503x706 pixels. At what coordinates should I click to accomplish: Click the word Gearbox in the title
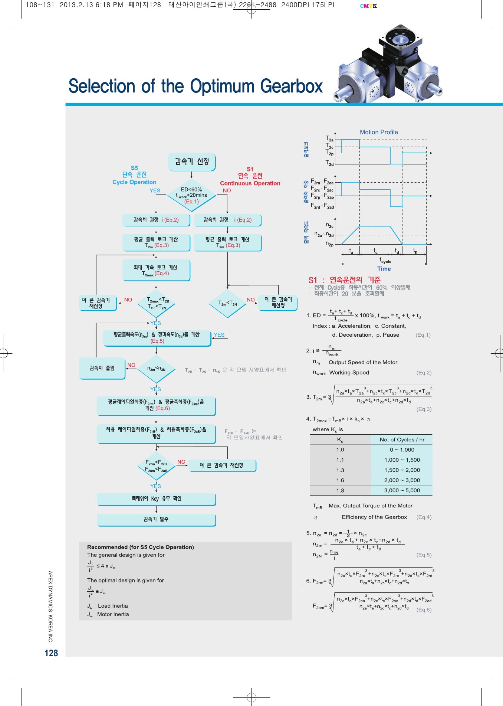[292, 86]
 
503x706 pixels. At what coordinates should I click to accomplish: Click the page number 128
[51, 653]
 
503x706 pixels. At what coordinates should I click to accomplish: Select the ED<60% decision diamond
[191, 195]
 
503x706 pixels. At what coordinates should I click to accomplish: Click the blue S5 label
[134, 168]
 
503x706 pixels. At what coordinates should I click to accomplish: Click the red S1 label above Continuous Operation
[250, 169]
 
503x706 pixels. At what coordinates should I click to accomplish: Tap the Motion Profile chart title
[379, 132]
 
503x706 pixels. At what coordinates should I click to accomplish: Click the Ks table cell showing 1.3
[340, 470]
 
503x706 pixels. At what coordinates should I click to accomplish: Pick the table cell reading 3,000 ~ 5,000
[402, 490]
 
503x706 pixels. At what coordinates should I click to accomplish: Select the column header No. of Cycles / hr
[402, 439]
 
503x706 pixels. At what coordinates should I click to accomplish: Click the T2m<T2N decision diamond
[227, 303]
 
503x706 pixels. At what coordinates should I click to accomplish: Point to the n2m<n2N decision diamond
[156, 369]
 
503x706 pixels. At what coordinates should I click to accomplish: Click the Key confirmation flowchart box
[156, 499]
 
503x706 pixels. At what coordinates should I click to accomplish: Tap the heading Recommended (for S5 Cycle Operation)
[141, 547]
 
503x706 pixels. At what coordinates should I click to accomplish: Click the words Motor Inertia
[113, 614]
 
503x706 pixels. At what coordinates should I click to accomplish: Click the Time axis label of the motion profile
[384, 269]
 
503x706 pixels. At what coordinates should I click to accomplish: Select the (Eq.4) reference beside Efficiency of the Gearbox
[424, 517]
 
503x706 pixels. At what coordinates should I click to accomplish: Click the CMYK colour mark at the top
[368, 6]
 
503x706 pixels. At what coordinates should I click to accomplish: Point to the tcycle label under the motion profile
[385, 261]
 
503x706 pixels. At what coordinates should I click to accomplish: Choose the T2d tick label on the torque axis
[329, 163]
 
